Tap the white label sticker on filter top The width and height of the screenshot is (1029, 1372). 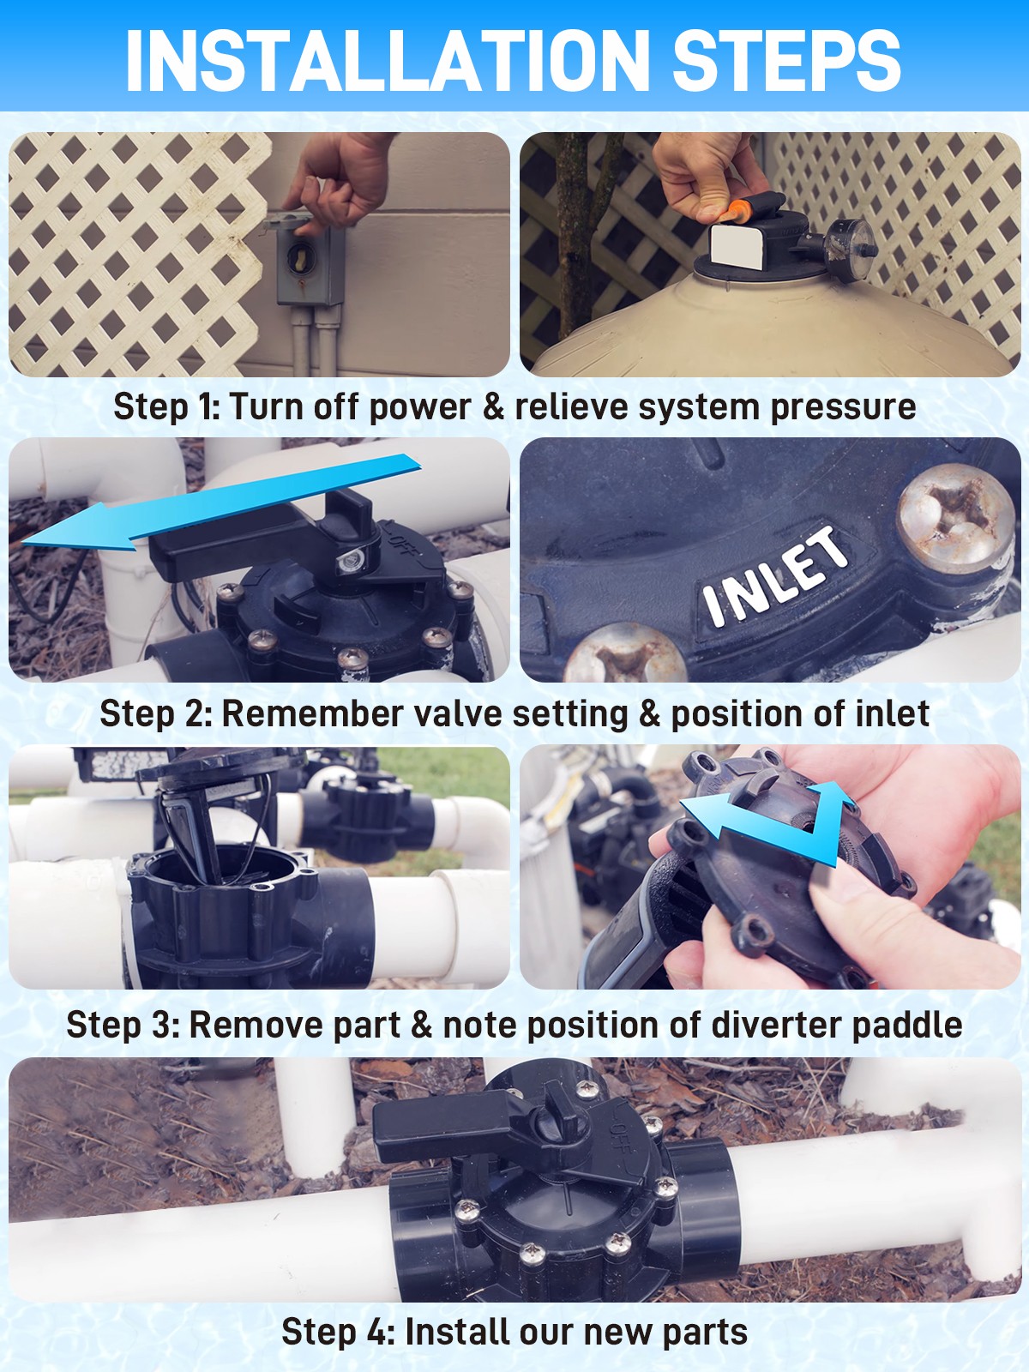(738, 247)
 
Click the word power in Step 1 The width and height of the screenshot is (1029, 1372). (419, 407)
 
